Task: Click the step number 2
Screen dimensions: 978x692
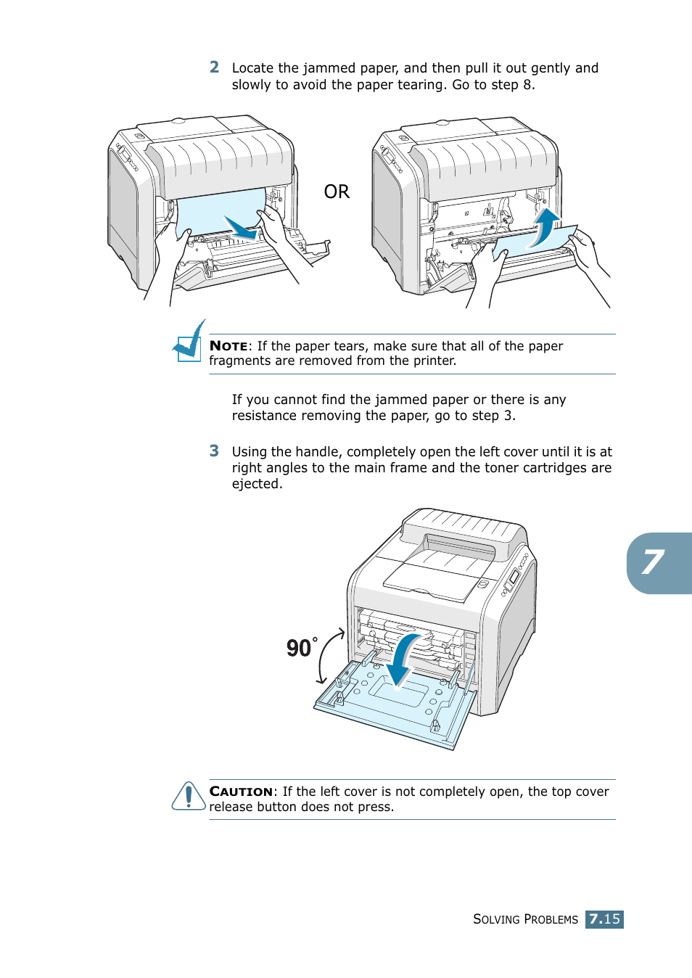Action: coord(214,67)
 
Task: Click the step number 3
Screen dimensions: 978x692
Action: coord(214,451)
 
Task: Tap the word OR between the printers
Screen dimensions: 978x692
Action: coord(337,192)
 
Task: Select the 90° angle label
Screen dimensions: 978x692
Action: coord(301,647)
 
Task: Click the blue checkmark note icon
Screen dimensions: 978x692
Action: coord(190,342)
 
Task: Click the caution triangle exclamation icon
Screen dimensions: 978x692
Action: coord(189,797)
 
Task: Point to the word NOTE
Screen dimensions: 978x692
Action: coord(228,346)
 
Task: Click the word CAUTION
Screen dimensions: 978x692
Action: coord(241,792)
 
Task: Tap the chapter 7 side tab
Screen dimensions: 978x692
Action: coord(656,563)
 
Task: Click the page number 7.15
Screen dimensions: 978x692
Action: coord(604,919)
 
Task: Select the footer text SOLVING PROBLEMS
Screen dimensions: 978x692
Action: coord(525,919)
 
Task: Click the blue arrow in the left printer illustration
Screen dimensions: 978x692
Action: coord(242,229)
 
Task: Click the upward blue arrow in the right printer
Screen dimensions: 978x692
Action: coord(544,226)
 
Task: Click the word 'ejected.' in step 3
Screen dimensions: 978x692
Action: coord(257,484)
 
